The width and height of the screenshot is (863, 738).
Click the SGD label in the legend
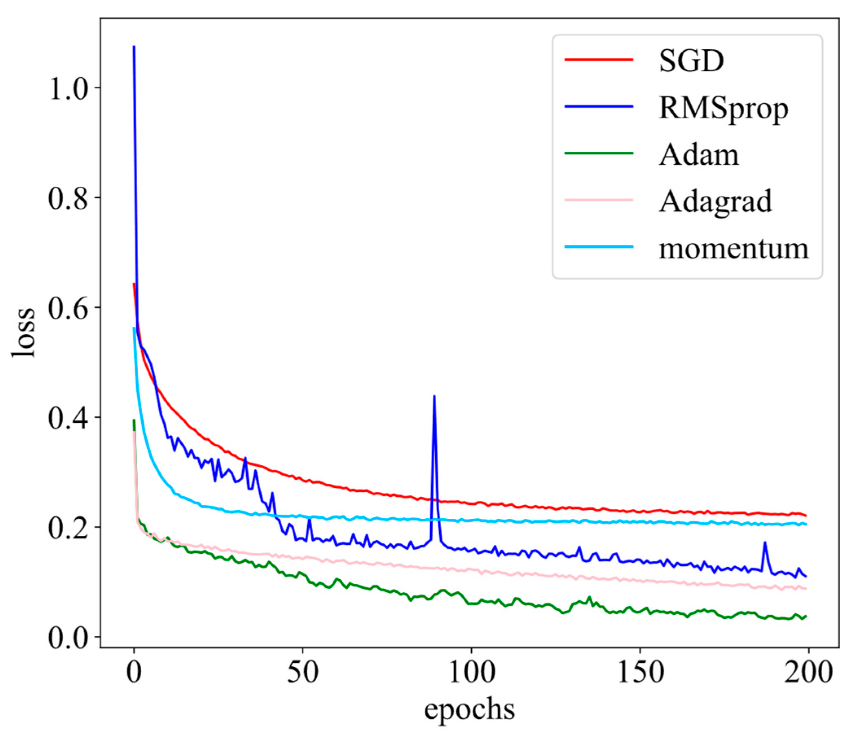(x=691, y=61)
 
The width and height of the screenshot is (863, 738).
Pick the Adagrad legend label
(x=715, y=202)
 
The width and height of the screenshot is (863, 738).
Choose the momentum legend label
(x=733, y=249)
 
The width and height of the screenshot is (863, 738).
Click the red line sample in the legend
(x=598, y=60)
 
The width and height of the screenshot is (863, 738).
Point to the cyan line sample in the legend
(x=598, y=247)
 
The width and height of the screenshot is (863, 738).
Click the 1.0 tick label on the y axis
(x=69, y=88)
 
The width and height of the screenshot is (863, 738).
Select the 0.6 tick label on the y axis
(x=69, y=308)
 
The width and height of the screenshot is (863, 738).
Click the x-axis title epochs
(x=469, y=710)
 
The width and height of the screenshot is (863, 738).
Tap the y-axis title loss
(x=23, y=332)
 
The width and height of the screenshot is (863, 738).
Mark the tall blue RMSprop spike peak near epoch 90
(x=434, y=396)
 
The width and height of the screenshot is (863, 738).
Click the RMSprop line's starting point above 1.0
(x=134, y=47)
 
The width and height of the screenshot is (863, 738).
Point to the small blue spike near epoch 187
(x=765, y=542)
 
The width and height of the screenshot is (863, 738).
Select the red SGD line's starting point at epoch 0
(x=134, y=284)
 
